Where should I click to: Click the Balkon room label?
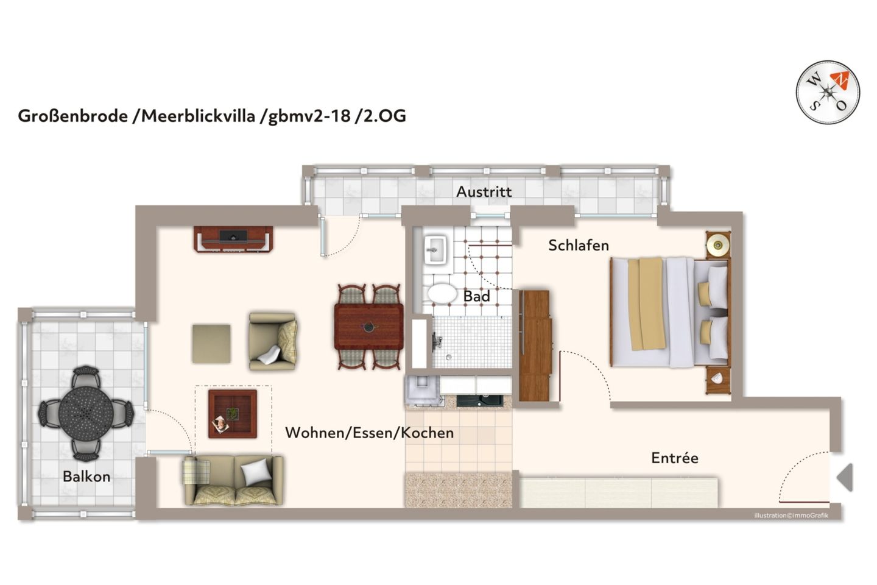[86, 477]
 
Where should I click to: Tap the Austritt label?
[484, 192]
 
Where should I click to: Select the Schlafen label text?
[578, 246]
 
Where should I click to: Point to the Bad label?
[476, 297]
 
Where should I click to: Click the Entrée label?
[674, 458]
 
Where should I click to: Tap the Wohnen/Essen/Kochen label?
[369, 433]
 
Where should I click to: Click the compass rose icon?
[828, 93]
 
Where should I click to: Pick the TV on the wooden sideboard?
[233, 236]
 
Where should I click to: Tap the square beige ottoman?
[211, 344]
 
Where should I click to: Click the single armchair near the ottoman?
[273, 341]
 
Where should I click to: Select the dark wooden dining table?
[368, 327]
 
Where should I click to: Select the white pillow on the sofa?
[256, 472]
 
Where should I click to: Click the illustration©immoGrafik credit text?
[791, 516]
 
